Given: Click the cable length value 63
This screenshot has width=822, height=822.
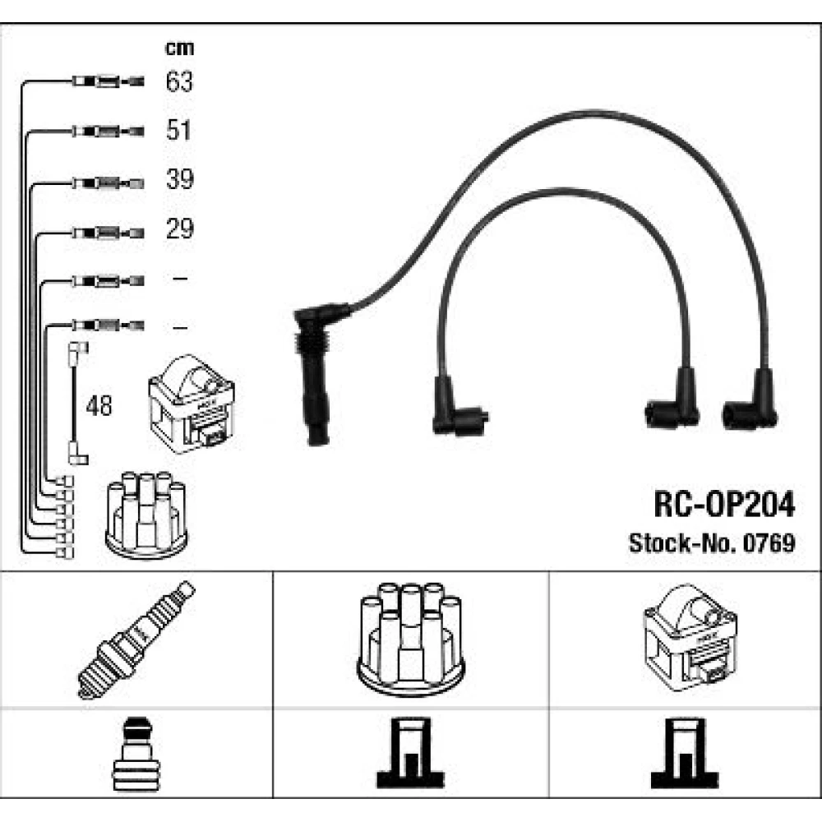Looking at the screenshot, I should point(178,81).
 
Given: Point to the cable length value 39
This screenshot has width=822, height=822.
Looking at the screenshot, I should point(178,179).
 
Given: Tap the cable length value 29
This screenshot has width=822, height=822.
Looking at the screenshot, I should point(178,229).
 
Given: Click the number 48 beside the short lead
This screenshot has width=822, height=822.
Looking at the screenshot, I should point(100,405).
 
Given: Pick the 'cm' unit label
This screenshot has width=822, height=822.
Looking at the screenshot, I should point(179,48).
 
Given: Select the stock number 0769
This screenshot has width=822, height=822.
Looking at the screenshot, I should point(770,543).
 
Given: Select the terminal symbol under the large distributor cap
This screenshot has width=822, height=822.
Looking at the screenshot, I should point(410,754).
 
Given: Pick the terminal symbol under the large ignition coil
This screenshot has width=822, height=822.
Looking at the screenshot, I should point(685,754).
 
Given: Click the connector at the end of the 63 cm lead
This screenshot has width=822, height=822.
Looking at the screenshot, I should point(107,81).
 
